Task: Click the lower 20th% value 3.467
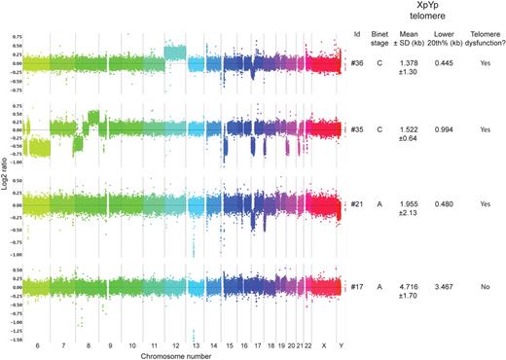pyautogui.click(x=447, y=287)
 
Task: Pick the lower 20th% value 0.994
pyautogui.click(x=447, y=129)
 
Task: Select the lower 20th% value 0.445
pyautogui.click(x=447, y=65)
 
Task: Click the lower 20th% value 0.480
pyautogui.click(x=447, y=206)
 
